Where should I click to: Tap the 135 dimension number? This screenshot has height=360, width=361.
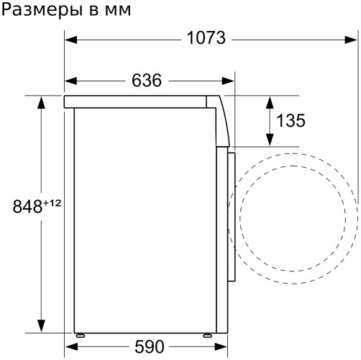point(290,121)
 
